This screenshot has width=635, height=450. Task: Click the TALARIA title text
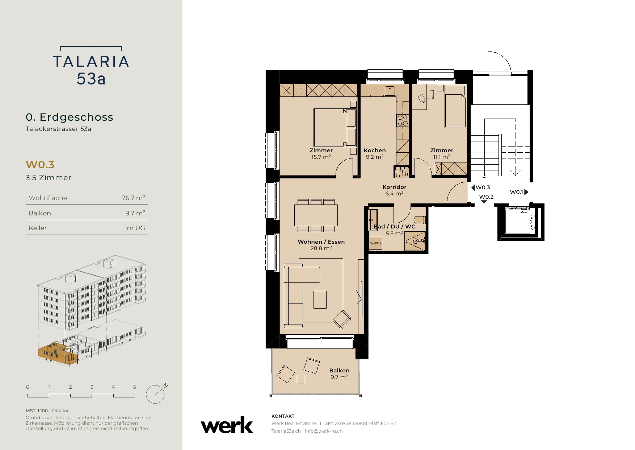[91, 62]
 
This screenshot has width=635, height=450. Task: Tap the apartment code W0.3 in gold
[40, 165]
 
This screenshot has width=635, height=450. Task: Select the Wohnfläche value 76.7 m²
[133, 198]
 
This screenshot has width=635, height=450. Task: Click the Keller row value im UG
[135, 228]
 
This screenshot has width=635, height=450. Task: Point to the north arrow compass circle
[155, 394]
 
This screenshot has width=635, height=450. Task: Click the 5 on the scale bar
[135, 387]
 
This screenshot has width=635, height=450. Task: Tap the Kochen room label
[375, 150]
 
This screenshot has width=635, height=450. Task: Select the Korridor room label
[394, 187]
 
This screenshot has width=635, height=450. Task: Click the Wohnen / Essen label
[321, 242]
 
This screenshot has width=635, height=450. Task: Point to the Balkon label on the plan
[339, 371]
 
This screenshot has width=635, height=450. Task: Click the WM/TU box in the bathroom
[375, 243]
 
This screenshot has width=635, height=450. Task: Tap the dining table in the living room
[316, 215]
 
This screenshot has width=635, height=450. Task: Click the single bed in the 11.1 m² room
[455, 106]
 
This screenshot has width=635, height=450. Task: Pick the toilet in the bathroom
[420, 220]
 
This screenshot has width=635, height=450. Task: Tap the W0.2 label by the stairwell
[486, 197]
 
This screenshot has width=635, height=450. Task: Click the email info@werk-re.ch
[324, 431]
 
